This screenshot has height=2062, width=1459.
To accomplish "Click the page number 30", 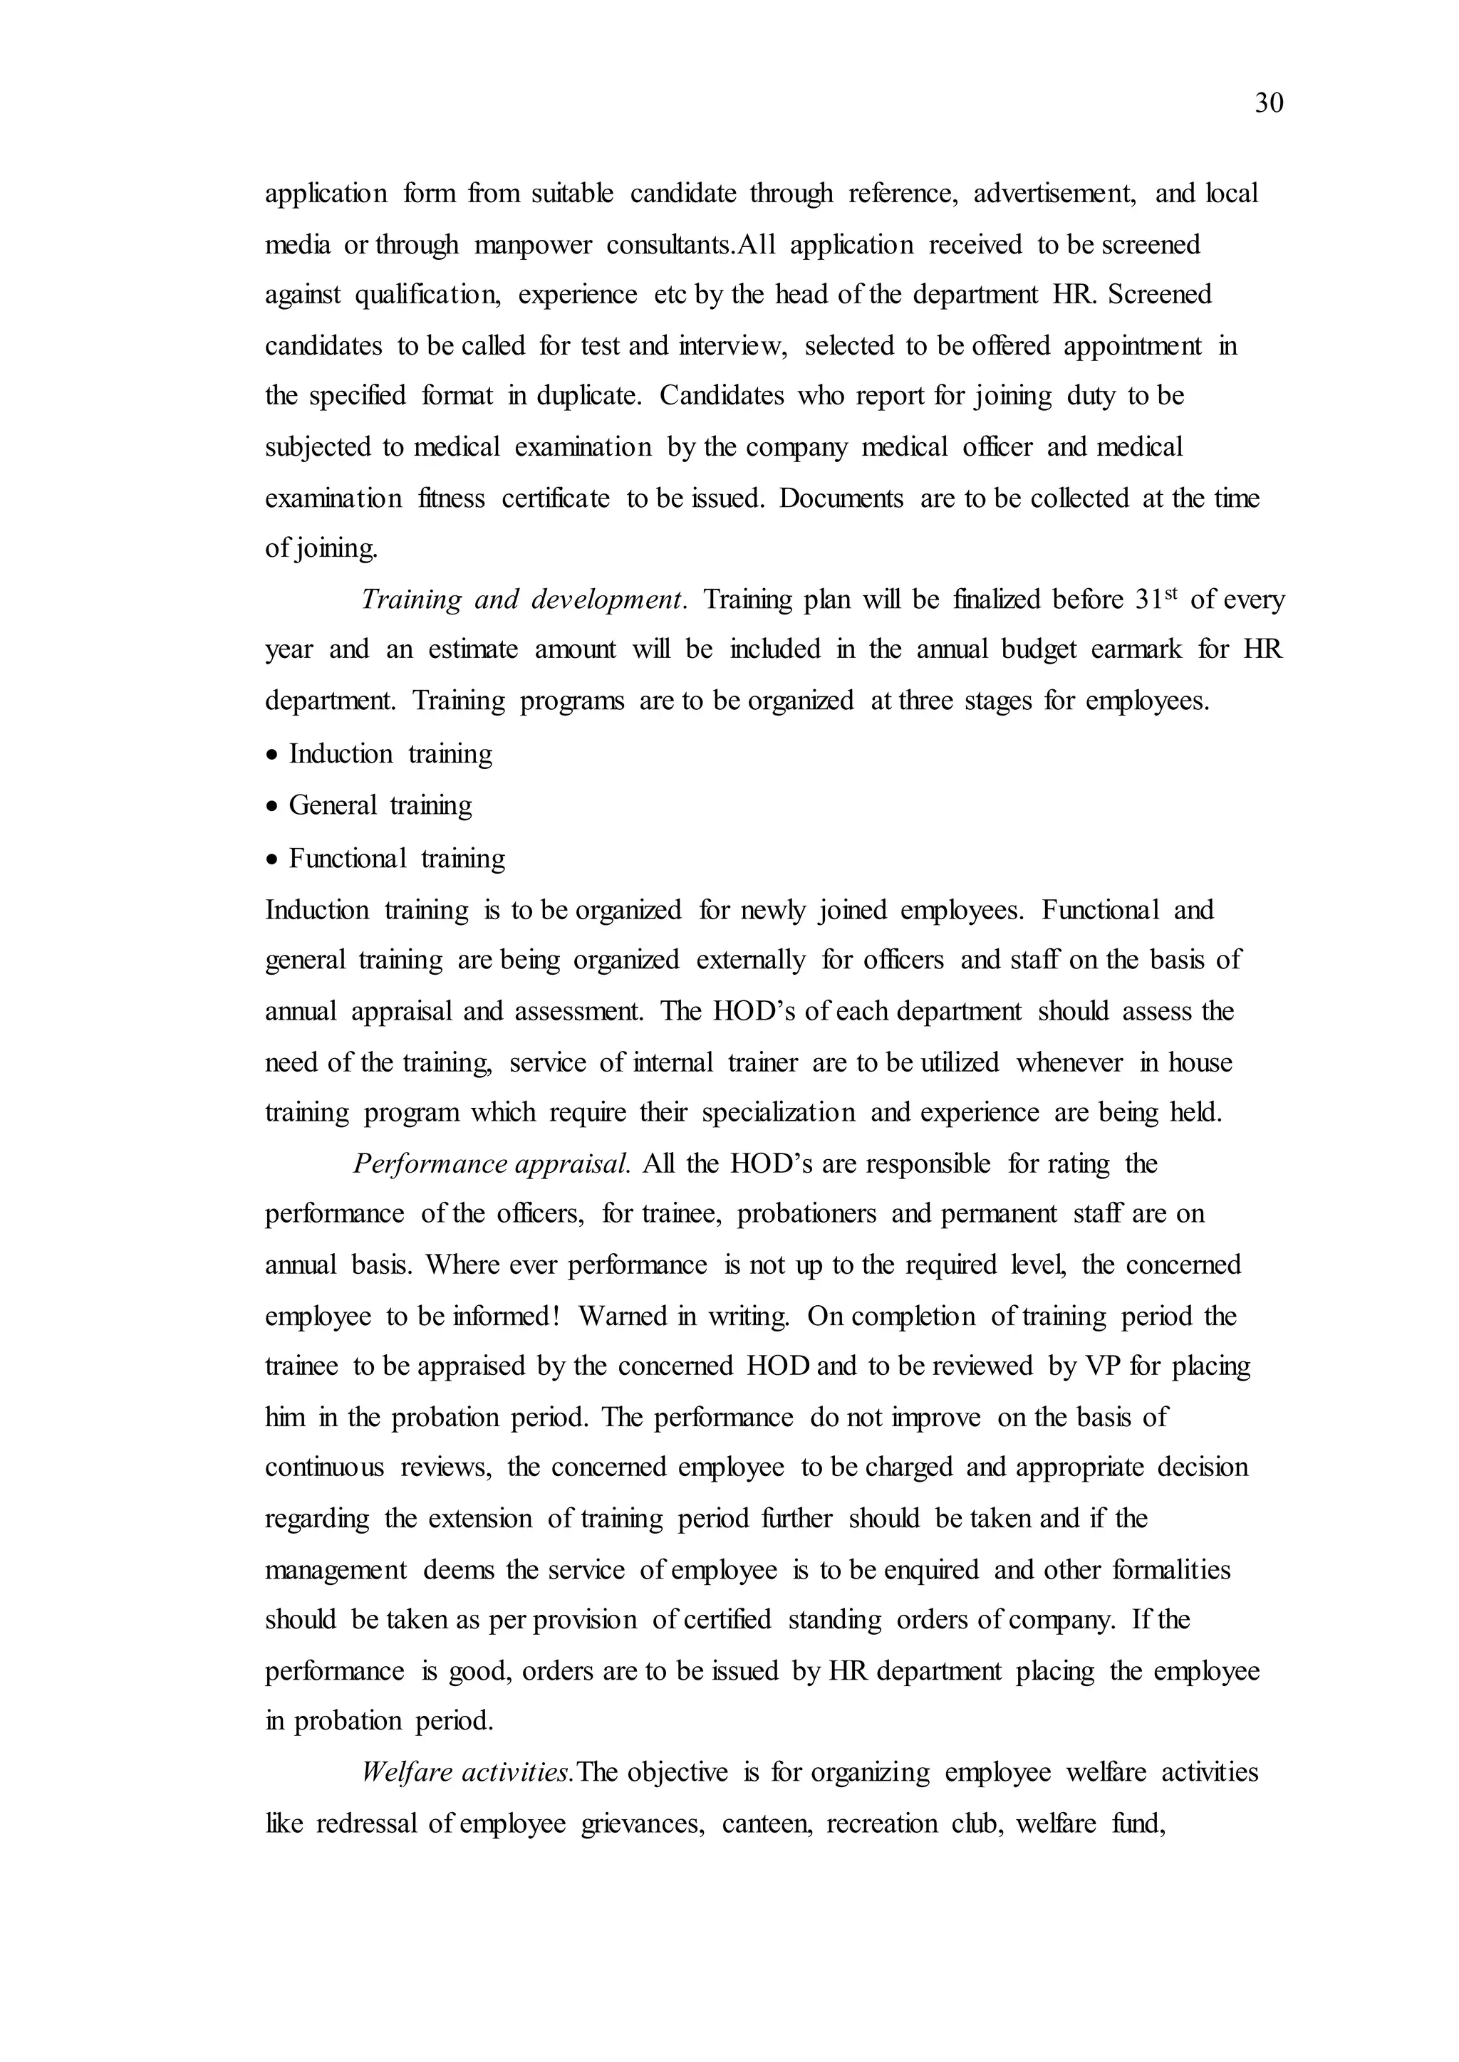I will coord(1269,104).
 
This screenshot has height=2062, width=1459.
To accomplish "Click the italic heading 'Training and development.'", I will coord(524,599).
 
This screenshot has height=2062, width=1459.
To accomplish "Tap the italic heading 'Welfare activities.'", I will coord(467,1772).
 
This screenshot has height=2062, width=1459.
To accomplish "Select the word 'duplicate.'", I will coord(589,396).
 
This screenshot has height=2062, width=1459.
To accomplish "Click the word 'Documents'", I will coord(841,498).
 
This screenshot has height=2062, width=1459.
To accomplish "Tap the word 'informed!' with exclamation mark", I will coord(508,1317).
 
